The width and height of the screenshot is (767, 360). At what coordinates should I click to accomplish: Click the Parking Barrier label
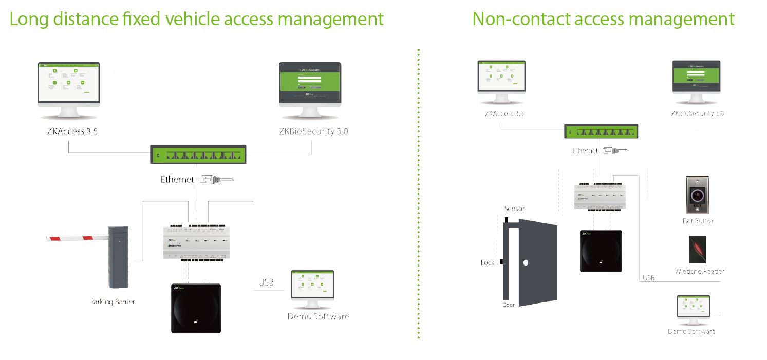click(112, 302)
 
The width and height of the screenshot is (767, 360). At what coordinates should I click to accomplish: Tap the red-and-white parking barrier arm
click(77, 238)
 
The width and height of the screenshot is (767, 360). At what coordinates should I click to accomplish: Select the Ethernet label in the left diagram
click(177, 180)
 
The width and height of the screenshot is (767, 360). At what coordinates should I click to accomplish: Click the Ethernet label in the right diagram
click(585, 151)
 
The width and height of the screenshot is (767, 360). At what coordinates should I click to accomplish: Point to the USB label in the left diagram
click(266, 282)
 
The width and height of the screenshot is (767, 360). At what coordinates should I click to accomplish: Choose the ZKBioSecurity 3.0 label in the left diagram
click(313, 131)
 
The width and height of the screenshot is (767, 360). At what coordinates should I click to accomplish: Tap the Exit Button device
click(697, 195)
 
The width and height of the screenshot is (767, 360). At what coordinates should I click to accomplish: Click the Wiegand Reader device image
click(698, 250)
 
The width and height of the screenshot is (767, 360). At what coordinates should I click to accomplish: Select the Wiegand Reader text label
click(700, 272)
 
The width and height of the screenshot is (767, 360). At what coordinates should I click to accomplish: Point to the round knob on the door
click(526, 263)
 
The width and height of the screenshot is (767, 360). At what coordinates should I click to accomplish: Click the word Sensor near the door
click(514, 209)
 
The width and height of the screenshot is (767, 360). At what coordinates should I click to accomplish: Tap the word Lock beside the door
click(488, 262)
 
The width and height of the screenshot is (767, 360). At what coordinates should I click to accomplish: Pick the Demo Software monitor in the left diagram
click(312, 287)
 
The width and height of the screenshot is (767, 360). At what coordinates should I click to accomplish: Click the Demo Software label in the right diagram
click(691, 332)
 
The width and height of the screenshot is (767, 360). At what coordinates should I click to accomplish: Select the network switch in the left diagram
click(198, 155)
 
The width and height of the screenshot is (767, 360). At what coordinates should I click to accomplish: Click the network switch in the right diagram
click(601, 131)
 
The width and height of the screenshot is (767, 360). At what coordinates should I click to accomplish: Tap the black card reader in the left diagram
click(196, 308)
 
